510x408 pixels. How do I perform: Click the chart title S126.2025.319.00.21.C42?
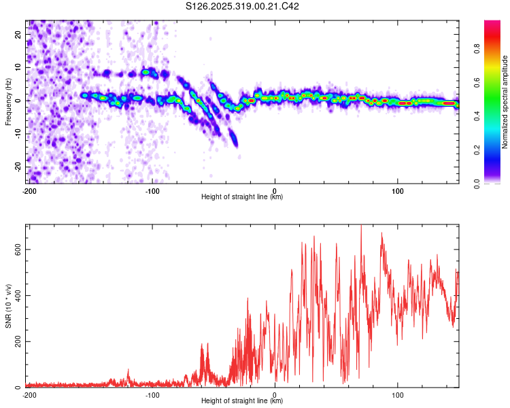pyautogui.click(x=243, y=7)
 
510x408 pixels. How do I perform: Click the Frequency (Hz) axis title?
pyautogui.click(x=8, y=101)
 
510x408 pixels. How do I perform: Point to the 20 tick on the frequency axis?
pyautogui.click(x=20, y=33)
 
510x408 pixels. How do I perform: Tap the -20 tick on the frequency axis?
pyautogui.click(x=18, y=167)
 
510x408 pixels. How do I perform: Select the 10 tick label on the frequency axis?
pyautogui.click(x=20, y=67)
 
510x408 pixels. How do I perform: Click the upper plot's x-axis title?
pyautogui.click(x=243, y=197)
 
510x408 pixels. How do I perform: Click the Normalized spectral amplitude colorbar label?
pyautogui.click(x=505, y=102)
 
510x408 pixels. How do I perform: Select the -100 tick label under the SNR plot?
pyautogui.click(x=152, y=395)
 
